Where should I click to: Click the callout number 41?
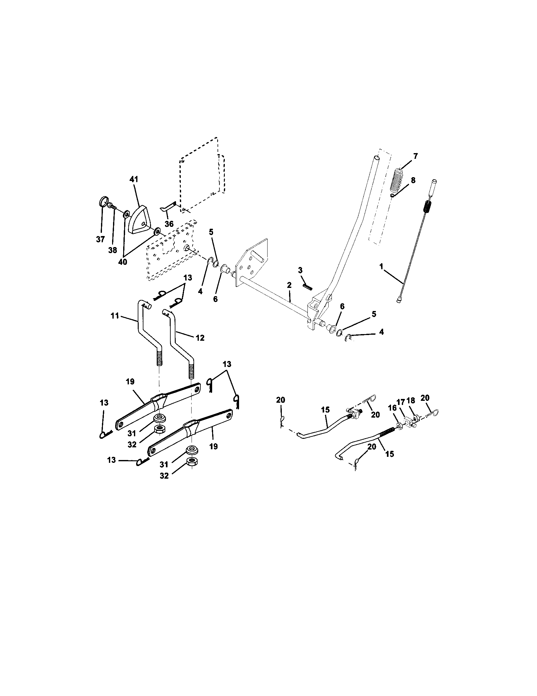(x=134, y=179)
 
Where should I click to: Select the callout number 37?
(x=100, y=239)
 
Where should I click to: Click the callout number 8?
(x=413, y=180)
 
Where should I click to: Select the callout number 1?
(x=381, y=266)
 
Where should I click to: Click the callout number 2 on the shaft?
(x=289, y=285)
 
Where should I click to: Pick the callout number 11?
(x=115, y=315)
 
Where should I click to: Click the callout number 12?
(x=200, y=338)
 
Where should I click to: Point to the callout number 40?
(x=123, y=262)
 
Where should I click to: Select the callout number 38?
(x=113, y=250)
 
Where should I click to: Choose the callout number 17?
(x=401, y=402)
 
